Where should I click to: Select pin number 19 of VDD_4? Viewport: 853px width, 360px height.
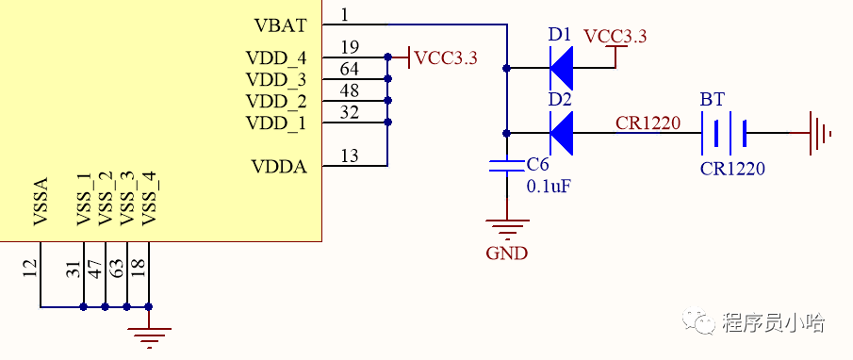[x=350, y=48]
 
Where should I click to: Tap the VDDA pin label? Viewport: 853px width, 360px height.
[x=279, y=167]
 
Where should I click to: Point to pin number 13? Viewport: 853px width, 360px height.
[x=350, y=156]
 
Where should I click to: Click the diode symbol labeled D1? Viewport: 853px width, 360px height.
[x=562, y=68]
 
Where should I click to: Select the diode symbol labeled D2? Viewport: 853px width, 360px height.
[x=562, y=133]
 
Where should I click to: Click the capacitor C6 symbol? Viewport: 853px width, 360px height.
[x=507, y=167]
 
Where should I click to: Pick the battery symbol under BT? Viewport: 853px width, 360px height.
[x=724, y=133]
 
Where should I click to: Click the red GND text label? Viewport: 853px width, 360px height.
[x=506, y=253]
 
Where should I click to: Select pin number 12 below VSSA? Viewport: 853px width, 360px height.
[x=31, y=270]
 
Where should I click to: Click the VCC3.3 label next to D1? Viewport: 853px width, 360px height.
[x=615, y=37]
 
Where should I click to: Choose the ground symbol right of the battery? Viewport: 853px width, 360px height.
[x=818, y=133]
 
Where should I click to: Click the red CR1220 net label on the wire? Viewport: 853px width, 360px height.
[x=648, y=123]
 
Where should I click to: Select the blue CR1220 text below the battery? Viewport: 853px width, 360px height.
[x=732, y=170]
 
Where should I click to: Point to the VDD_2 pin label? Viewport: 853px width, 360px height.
[x=276, y=101]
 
